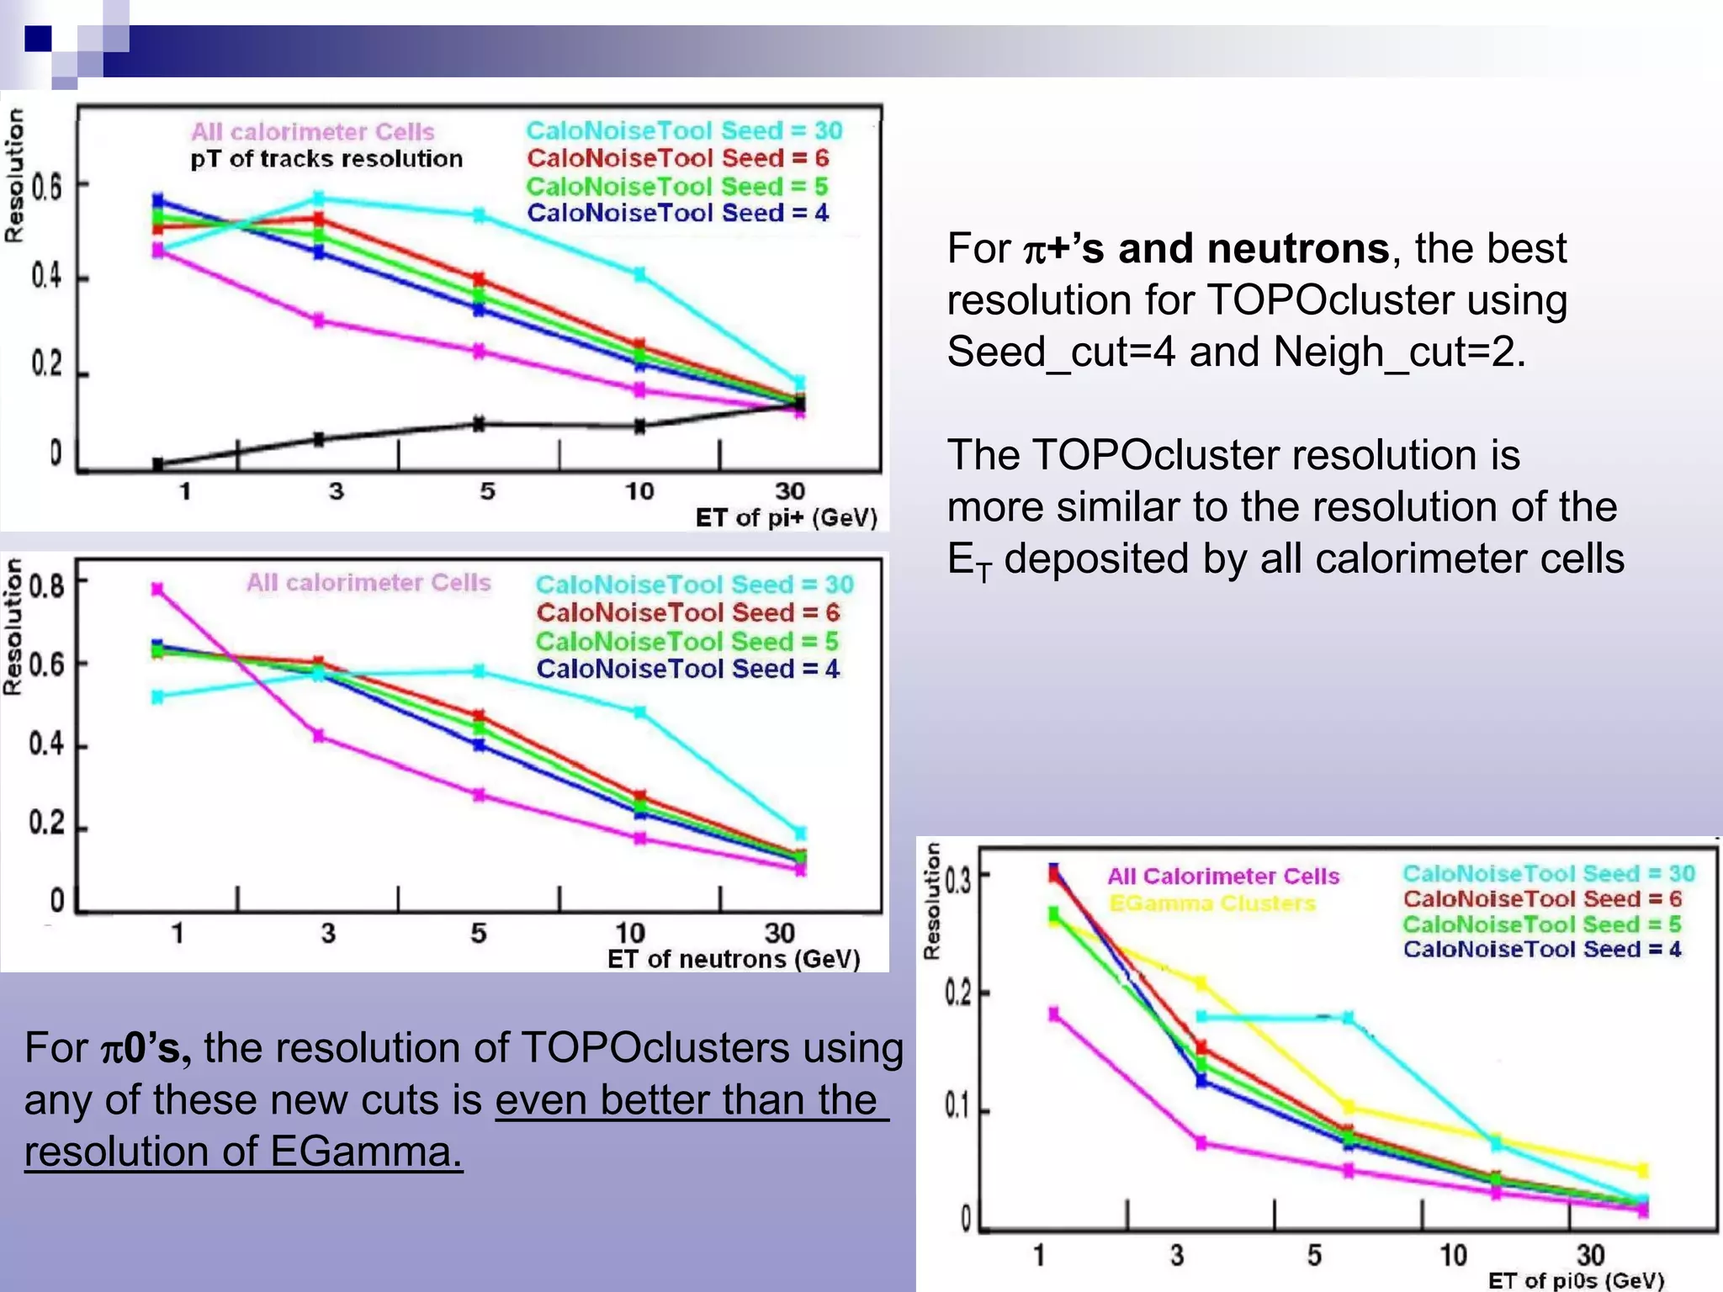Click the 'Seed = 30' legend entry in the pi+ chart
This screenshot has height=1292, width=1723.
(x=684, y=130)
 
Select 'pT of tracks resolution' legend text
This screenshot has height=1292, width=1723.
(x=326, y=159)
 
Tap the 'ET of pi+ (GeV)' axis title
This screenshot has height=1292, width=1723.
(x=786, y=517)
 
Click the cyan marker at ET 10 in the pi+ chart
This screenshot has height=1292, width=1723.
(x=639, y=274)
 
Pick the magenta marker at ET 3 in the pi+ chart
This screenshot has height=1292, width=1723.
(x=319, y=320)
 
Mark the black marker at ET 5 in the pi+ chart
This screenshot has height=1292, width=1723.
(x=479, y=424)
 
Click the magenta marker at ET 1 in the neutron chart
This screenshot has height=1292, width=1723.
(x=157, y=589)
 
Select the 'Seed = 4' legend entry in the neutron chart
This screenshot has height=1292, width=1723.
(x=687, y=670)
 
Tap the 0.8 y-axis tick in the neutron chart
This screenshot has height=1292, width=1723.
(x=47, y=584)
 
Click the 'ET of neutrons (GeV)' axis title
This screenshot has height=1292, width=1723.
(x=734, y=959)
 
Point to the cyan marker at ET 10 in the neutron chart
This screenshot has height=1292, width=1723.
(x=639, y=712)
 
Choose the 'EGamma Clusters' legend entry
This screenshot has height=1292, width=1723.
(x=1211, y=903)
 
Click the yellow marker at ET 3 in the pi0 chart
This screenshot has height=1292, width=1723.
(x=1201, y=982)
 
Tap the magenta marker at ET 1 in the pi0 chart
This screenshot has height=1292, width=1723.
(x=1054, y=1014)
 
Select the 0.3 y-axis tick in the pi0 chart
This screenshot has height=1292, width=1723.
(x=957, y=881)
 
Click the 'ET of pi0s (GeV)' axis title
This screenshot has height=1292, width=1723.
(x=1576, y=1280)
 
